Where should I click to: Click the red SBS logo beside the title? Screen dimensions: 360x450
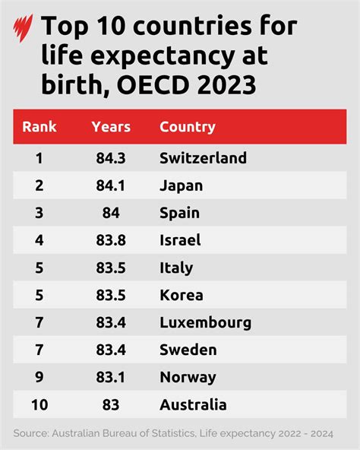click(23, 28)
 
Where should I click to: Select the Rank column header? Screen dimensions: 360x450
click(39, 127)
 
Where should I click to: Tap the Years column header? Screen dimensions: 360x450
click(111, 127)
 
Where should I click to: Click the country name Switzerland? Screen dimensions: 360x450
click(203, 158)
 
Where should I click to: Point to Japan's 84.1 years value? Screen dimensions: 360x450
click(111, 185)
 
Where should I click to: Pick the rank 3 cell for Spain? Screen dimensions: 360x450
click(39, 213)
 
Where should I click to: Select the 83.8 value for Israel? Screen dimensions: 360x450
click(111, 240)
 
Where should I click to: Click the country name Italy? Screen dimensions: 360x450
click(176, 268)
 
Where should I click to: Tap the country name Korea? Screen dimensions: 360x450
click(182, 295)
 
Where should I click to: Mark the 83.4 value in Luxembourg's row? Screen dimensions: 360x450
click(111, 322)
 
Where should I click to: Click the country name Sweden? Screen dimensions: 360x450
click(188, 350)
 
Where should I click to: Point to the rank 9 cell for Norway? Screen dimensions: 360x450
click(39, 377)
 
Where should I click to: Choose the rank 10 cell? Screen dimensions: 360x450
click(39, 405)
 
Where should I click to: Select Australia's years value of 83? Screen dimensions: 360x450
click(111, 405)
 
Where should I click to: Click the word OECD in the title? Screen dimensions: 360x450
click(153, 85)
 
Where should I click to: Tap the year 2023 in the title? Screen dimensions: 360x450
click(226, 85)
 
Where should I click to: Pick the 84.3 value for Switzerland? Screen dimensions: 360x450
click(111, 158)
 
